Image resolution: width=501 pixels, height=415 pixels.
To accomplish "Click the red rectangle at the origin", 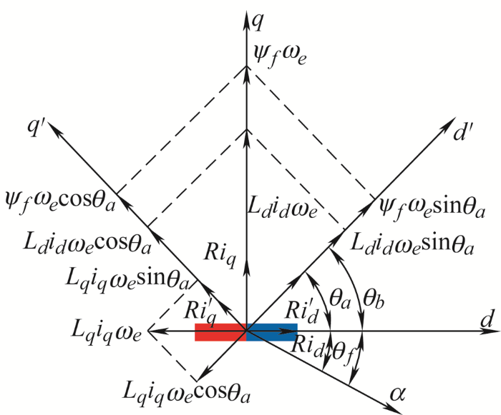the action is click(220, 332).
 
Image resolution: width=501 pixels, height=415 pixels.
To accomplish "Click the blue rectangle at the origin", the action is click(272, 332).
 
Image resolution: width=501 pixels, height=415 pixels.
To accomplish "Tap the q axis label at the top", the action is click(257, 22).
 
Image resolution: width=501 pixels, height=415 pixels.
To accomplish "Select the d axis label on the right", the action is click(487, 319).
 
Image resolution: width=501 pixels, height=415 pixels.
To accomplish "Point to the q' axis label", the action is click(36, 128).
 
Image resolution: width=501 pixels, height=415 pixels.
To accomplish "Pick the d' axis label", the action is click(461, 132).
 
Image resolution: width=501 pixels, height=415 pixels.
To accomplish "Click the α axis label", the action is click(397, 394).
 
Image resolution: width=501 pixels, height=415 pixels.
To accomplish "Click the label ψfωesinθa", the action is click(432, 207).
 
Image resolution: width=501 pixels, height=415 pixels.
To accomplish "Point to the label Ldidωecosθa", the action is click(87, 243).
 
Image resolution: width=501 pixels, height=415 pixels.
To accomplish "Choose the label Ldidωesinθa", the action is click(412, 244).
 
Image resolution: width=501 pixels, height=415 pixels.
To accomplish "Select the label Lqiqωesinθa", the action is click(127, 279).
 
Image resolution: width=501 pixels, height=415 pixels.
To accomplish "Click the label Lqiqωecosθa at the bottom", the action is click(187, 391).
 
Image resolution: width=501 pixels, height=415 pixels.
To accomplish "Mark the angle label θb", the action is click(373, 300).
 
